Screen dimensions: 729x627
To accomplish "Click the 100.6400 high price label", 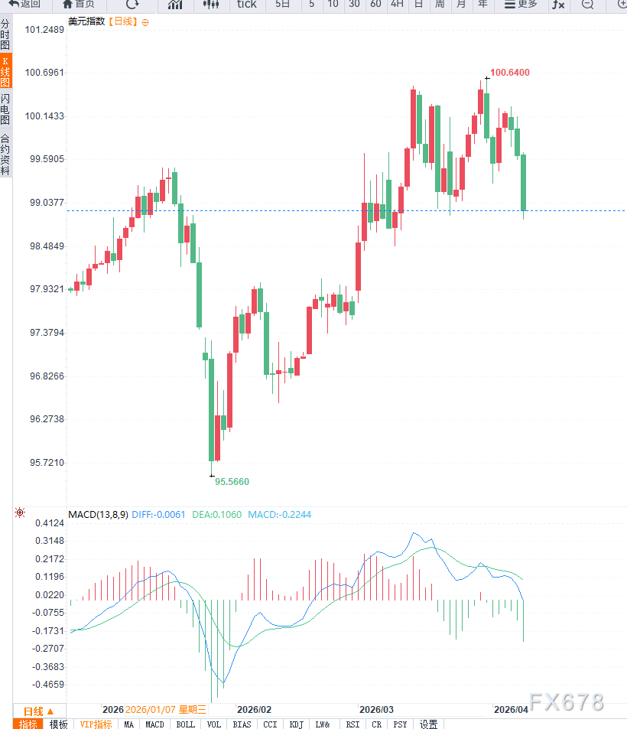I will (510, 73).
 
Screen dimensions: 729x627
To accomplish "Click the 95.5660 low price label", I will (232, 482).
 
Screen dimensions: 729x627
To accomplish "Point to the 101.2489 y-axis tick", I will (44, 30).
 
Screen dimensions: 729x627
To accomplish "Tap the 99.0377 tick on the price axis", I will (44, 203).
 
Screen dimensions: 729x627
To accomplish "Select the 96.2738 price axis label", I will (44, 419).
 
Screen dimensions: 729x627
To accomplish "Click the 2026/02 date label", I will (254, 710).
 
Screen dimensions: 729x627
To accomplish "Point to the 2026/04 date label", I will (512, 710).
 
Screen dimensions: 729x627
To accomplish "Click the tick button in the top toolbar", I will (247, 5).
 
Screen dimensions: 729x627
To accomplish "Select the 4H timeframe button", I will (396, 5).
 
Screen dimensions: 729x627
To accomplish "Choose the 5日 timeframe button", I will (283, 5).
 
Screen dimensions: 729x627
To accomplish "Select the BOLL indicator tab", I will (185, 724).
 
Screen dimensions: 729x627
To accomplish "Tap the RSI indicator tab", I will (352, 724).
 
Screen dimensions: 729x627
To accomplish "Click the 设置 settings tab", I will (429, 724).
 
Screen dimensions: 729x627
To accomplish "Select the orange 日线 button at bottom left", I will (39, 711).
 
